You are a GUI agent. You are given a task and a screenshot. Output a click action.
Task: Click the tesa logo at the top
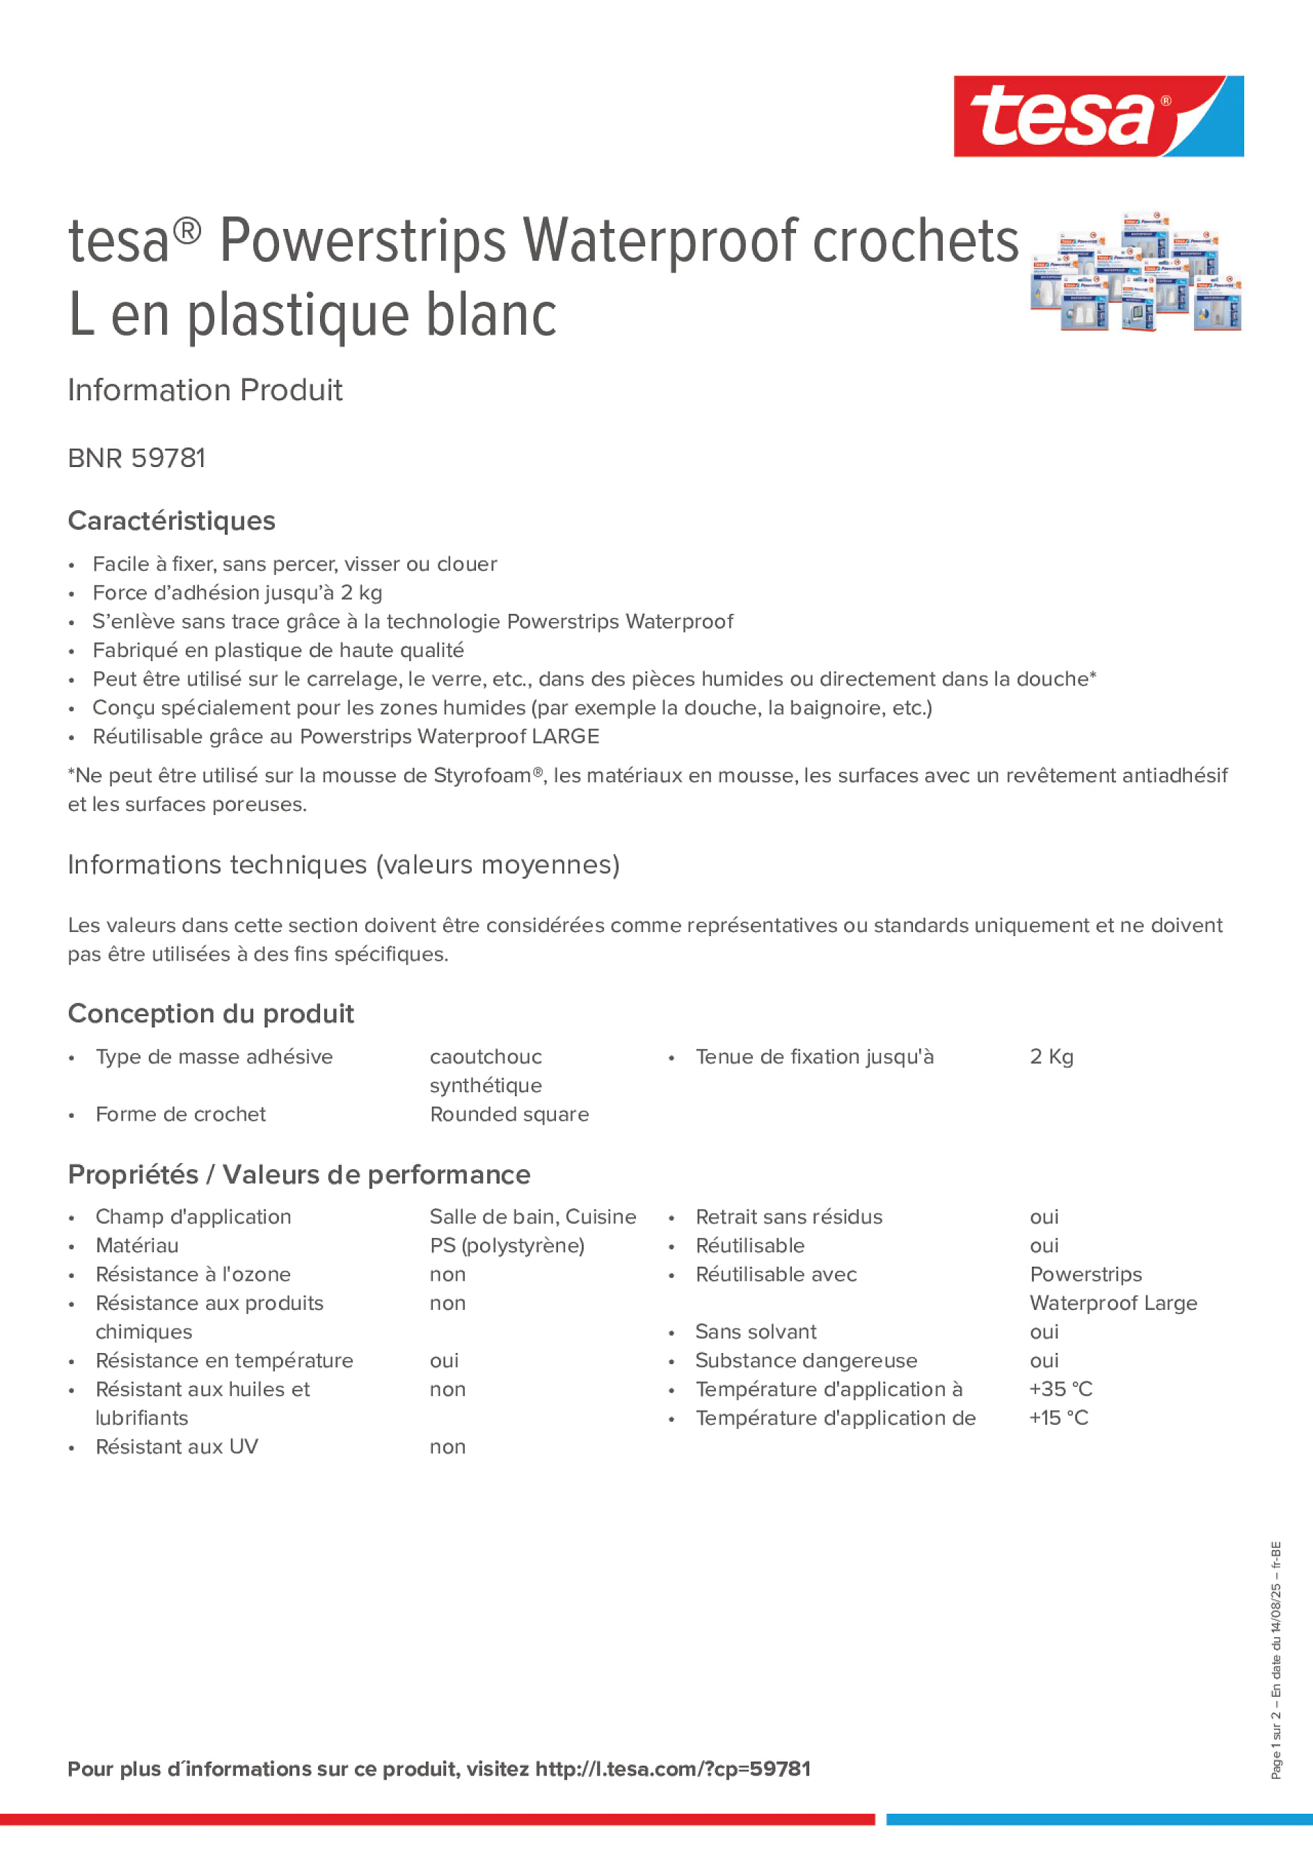point(1098,116)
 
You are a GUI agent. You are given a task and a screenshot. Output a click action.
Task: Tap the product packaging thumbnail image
point(1136,273)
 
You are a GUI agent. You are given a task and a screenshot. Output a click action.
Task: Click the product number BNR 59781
point(137,458)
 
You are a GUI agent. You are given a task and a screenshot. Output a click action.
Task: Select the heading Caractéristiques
point(172,521)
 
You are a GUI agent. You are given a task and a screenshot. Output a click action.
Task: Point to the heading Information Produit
point(205,390)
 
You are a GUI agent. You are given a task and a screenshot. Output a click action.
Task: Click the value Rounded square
point(509,1114)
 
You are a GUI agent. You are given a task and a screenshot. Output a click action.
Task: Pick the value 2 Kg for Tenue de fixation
point(1051,1057)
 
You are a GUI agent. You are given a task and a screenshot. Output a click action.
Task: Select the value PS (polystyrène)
point(507,1245)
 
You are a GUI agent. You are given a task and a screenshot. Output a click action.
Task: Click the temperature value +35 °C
point(1060,1389)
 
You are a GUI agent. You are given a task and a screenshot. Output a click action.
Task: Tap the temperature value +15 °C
point(1058,1418)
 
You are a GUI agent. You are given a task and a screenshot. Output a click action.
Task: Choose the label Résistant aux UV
point(177,1447)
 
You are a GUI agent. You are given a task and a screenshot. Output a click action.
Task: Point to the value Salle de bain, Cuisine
point(533,1217)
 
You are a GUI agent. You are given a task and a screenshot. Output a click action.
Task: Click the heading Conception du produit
point(210,1013)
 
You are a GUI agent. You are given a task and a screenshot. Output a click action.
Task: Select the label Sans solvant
point(755,1332)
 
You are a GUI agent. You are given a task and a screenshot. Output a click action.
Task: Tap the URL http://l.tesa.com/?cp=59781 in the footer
point(673,1769)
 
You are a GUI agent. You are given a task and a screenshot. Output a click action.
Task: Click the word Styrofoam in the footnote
point(482,775)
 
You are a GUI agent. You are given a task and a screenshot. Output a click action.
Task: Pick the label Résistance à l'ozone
point(193,1274)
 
